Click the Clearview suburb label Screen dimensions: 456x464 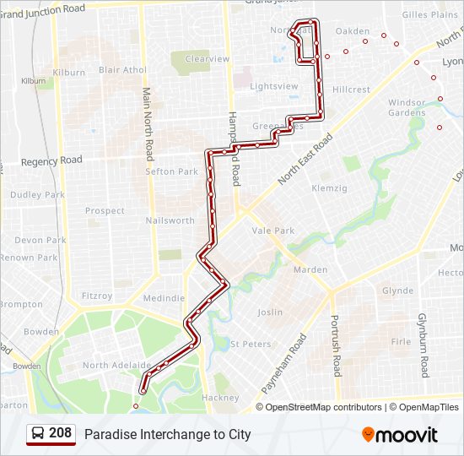[208, 59]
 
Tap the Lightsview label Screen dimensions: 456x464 [274, 86]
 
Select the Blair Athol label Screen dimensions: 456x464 [122, 71]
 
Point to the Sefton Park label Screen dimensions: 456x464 [172, 171]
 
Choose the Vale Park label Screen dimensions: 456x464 [273, 231]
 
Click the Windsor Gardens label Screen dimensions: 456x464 [407, 107]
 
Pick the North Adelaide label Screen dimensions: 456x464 [116, 366]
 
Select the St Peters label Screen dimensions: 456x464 [251, 345]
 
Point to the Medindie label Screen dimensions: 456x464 [164, 298]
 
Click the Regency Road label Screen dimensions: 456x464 [52, 160]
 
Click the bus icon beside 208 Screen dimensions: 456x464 [38, 434]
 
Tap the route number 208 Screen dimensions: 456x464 [60, 433]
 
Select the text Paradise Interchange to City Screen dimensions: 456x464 [167, 435]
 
